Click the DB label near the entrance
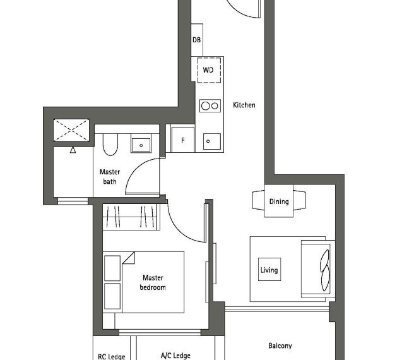pos(197,40)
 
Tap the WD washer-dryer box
pos(209,70)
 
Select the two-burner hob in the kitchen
pos(210,106)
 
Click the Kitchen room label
pos(244,105)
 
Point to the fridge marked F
pos(183,140)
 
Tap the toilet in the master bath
pos(110,143)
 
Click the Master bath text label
pos(110,177)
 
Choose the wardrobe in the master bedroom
pos(132,218)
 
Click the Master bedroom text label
pos(153,282)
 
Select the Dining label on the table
pos(279,202)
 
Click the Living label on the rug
pos(269,270)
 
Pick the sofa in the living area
pos(316,269)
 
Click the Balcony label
pos(280,345)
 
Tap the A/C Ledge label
pos(175,356)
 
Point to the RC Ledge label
pos(112,356)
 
